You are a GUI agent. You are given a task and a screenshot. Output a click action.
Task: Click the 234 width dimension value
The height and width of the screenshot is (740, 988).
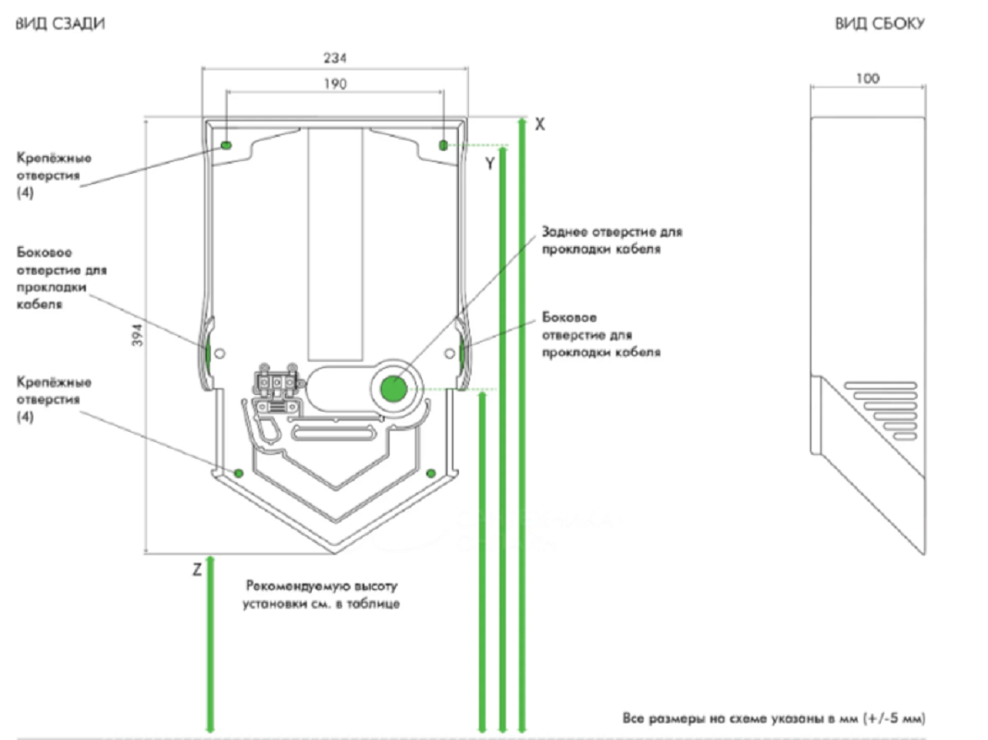tap(335, 58)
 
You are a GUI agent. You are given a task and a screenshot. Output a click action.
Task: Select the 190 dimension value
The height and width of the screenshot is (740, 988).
tap(335, 84)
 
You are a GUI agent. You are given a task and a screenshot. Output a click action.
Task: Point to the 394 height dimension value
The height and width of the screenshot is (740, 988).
tap(137, 335)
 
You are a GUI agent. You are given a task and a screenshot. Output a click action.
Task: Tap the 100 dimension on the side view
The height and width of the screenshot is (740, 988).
tap(868, 79)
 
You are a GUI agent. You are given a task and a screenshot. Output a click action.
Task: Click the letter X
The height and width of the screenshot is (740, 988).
tap(540, 124)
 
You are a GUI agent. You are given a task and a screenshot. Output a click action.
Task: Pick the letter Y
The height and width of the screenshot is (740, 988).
tap(489, 164)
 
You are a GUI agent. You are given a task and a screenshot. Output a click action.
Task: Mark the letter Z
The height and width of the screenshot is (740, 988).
tap(197, 570)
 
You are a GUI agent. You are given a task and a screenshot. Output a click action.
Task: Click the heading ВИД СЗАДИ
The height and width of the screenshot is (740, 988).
tap(60, 24)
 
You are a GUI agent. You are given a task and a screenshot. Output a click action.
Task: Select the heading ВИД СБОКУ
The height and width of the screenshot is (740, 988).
tap(880, 24)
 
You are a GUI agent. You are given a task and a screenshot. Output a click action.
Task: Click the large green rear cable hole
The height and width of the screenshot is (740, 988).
tap(394, 389)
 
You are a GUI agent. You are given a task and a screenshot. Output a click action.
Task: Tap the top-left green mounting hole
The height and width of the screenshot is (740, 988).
tap(227, 145)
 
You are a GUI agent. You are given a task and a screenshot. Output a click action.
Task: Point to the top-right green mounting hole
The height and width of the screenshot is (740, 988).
tap(443, 145)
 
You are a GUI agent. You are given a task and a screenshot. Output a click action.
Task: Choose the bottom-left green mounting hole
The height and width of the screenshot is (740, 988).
tap(238, 473)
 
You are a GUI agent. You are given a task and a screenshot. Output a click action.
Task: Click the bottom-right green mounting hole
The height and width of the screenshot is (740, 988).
tap(431, 473)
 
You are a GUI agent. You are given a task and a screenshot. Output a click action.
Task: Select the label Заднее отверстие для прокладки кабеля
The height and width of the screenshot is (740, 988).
tap(611, 240)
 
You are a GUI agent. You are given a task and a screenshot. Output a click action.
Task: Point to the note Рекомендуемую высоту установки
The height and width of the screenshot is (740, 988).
tap(321, 595)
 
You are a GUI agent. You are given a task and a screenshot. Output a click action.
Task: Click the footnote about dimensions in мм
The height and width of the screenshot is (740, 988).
tap(773, 718)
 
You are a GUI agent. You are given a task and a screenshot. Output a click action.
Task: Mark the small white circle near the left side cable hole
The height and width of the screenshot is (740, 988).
tap(219, 353)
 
